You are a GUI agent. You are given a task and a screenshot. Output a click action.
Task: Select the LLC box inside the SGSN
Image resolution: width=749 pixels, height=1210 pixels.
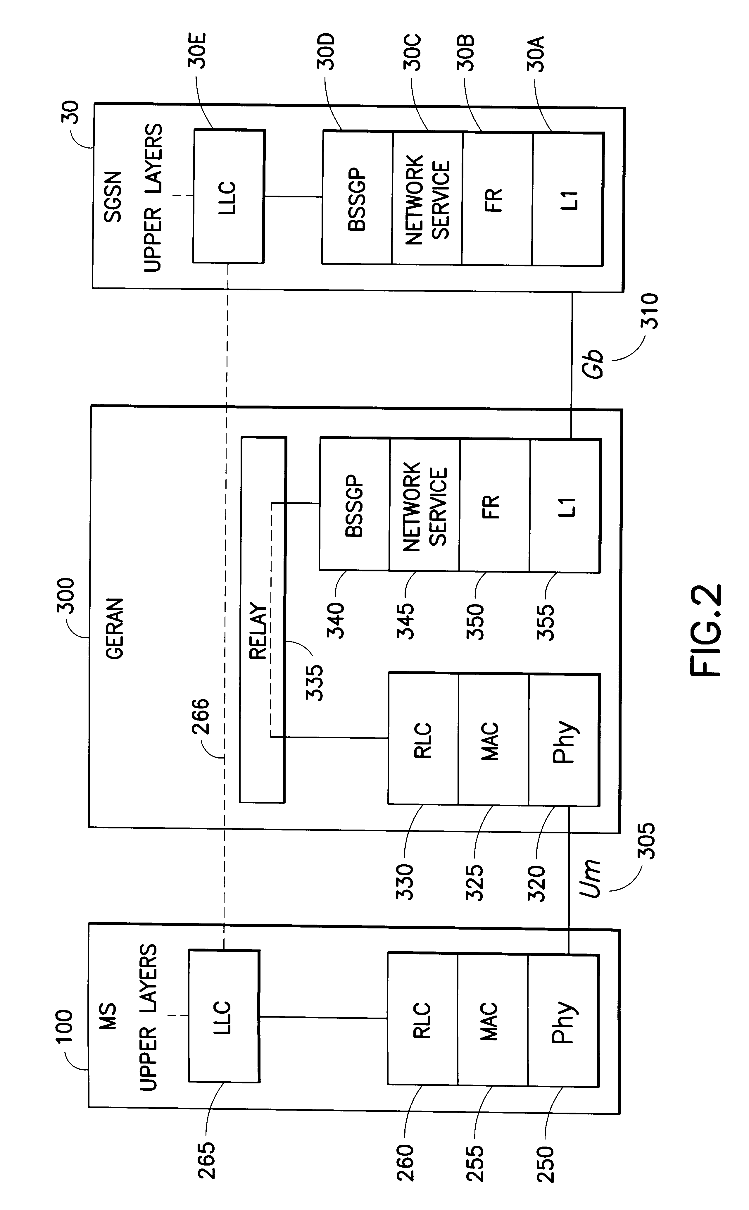click(228, 197)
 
